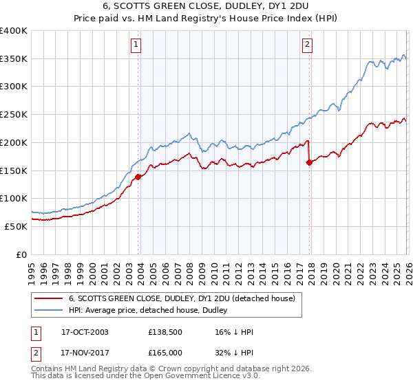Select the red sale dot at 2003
coord(138,177)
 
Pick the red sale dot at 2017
coord(309,162)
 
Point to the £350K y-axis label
coord(14,59)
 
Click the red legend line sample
coord(48,298)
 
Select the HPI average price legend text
coord(152,310)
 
